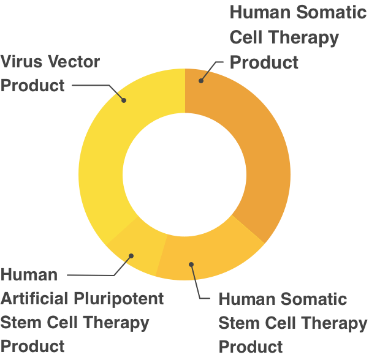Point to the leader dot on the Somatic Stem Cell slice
(191, 264)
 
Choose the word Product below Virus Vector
(32, 85)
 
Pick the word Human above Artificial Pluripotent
(29, 274)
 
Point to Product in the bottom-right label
(251, 347)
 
